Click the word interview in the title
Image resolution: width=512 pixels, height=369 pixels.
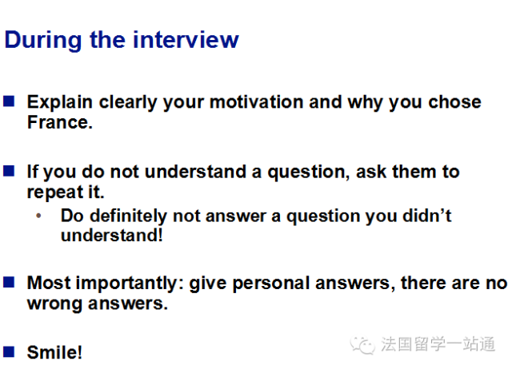point(186,40)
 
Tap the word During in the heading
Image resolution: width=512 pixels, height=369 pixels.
point(42,41)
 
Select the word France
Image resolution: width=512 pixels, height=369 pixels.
point(60,122)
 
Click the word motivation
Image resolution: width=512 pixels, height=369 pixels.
point(257,102)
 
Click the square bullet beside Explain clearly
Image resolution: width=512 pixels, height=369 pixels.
point(9,101)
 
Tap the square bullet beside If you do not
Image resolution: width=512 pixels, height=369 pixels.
point(9,171)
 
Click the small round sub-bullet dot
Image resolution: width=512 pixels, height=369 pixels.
point(38,216)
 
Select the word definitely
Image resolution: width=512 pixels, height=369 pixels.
point(128,216)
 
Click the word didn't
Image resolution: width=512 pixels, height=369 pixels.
point(427,216)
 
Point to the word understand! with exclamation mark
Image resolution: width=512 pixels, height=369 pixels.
point(112,236)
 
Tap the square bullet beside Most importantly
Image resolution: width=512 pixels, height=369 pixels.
point(9,282)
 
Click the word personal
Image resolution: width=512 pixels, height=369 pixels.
point(271,284)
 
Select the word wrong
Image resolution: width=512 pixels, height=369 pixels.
point(54,304)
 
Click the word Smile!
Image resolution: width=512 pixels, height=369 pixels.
point(54,352)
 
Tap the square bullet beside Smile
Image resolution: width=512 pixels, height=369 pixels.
point(9,352)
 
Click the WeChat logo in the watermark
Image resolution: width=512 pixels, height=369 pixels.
point(362,345)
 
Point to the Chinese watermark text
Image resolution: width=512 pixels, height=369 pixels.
point(438,344)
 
